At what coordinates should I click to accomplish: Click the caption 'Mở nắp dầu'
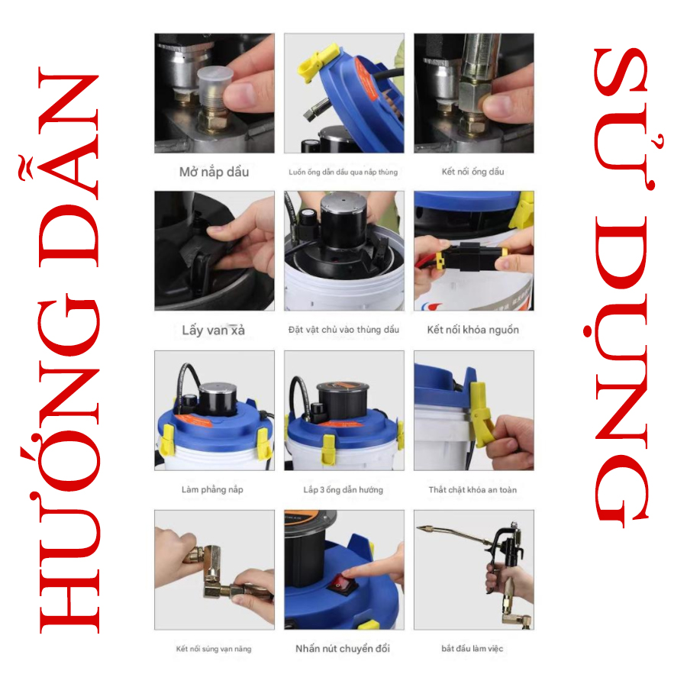pos(214,172)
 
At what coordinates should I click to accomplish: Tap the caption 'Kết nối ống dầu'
pos(473,172)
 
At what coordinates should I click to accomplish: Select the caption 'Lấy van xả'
pos(214,330)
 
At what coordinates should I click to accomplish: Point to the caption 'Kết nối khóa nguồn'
pos(473,330)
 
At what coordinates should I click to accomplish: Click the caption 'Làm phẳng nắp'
pos(212,489)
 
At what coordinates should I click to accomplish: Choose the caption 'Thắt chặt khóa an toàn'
pos(473,489)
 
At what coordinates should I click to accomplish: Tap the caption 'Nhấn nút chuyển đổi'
pos(343,648)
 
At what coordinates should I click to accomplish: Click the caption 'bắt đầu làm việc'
pos(473,648)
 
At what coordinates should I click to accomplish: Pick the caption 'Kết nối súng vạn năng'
pos(214,649)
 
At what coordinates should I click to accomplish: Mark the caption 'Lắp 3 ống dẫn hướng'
pos(343,489)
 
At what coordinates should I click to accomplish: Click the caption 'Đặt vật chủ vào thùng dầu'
pos(343,330)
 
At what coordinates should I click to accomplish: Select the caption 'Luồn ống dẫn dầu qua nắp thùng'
pos(343,173)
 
